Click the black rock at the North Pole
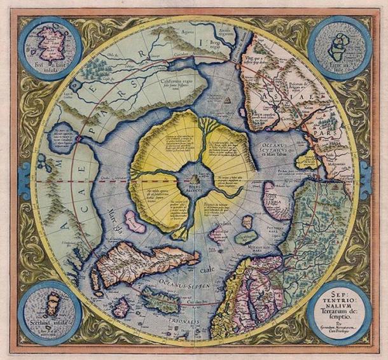click(x=194, y=172)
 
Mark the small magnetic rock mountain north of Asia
click(x=227, y=100)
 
